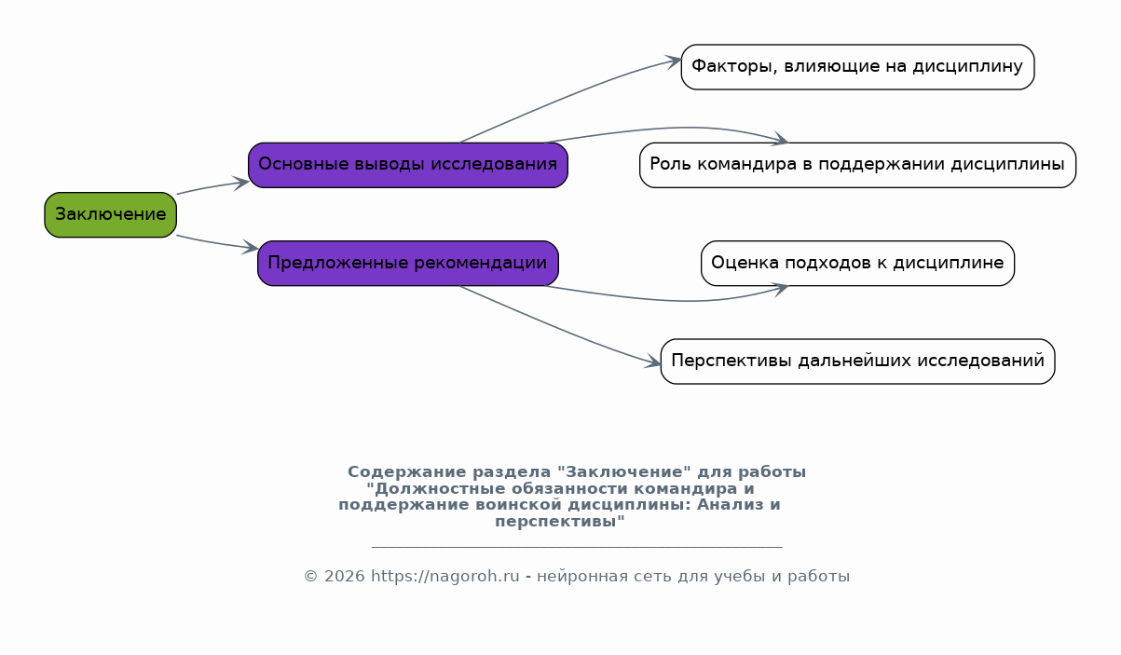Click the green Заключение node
110,214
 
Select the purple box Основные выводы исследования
407,165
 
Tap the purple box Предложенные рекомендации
407,263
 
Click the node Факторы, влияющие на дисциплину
857,67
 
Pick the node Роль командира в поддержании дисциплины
857,165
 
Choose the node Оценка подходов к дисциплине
857,263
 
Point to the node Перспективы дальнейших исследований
857,362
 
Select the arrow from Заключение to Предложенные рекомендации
214,243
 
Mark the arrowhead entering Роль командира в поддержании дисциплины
780,141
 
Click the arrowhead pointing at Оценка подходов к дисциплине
780,287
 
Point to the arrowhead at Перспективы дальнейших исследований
653,362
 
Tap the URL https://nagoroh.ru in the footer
444,577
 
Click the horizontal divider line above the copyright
576,547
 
